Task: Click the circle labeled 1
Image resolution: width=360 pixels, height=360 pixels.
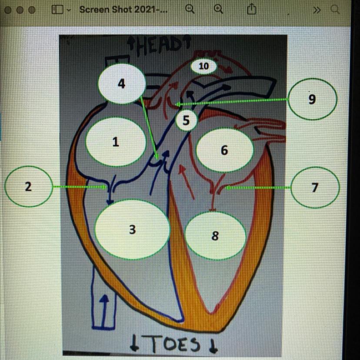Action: click(x=115, y=142)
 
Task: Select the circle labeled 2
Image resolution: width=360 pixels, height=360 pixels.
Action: click(x=28, y=187)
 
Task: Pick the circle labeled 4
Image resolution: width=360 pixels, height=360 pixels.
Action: click(x=122, y=83)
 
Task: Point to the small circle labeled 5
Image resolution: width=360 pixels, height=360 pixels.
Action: click(x=186, y=121)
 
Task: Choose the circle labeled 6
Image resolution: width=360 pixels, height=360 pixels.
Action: click(x=224, y=150)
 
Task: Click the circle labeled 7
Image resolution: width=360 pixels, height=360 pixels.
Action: click(x=315, y=187)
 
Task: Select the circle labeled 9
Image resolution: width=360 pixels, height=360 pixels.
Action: click(x=312, y=99)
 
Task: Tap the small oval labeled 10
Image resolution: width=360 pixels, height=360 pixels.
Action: click(x=204, y=66)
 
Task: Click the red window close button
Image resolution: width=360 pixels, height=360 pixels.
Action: click(x=8, y=10)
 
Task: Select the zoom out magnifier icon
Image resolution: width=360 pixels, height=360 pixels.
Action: click(x=190, y=9)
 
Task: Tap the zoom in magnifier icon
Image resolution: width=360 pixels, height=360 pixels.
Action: click(x=219, y=9)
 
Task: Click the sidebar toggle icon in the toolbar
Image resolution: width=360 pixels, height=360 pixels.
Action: click(x=57, y=9)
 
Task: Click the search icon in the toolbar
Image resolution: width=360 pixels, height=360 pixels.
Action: click(x=335, y=9)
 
